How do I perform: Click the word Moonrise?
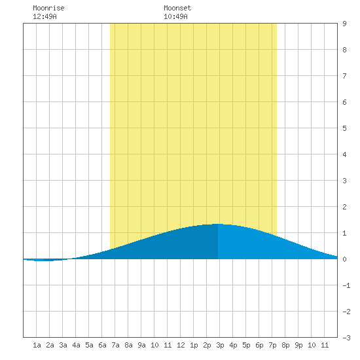pos(48,8)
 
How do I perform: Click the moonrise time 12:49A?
pos(45,16)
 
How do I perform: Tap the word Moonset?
pos(177,8)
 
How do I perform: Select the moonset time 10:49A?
pos(175,16)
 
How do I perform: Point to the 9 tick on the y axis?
pos(344,24)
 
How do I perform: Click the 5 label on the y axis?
pos(344,128)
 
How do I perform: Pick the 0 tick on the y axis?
pos(344,259)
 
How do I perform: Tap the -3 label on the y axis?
pos(346,338)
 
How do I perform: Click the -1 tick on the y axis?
pos(346,285)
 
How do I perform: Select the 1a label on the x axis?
pos(37,345)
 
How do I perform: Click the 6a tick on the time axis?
pos(102,345)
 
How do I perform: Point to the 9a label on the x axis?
pos(141,345)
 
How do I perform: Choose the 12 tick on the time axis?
pos(181,345)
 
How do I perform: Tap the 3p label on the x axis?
pos(220,345)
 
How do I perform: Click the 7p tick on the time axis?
pos(272,345)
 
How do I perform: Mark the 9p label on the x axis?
pos(298,345)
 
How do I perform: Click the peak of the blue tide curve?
pos(218,224)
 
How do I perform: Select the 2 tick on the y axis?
pos(344,207)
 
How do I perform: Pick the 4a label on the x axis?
pos(76,345)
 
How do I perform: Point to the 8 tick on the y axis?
pos(344,50)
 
